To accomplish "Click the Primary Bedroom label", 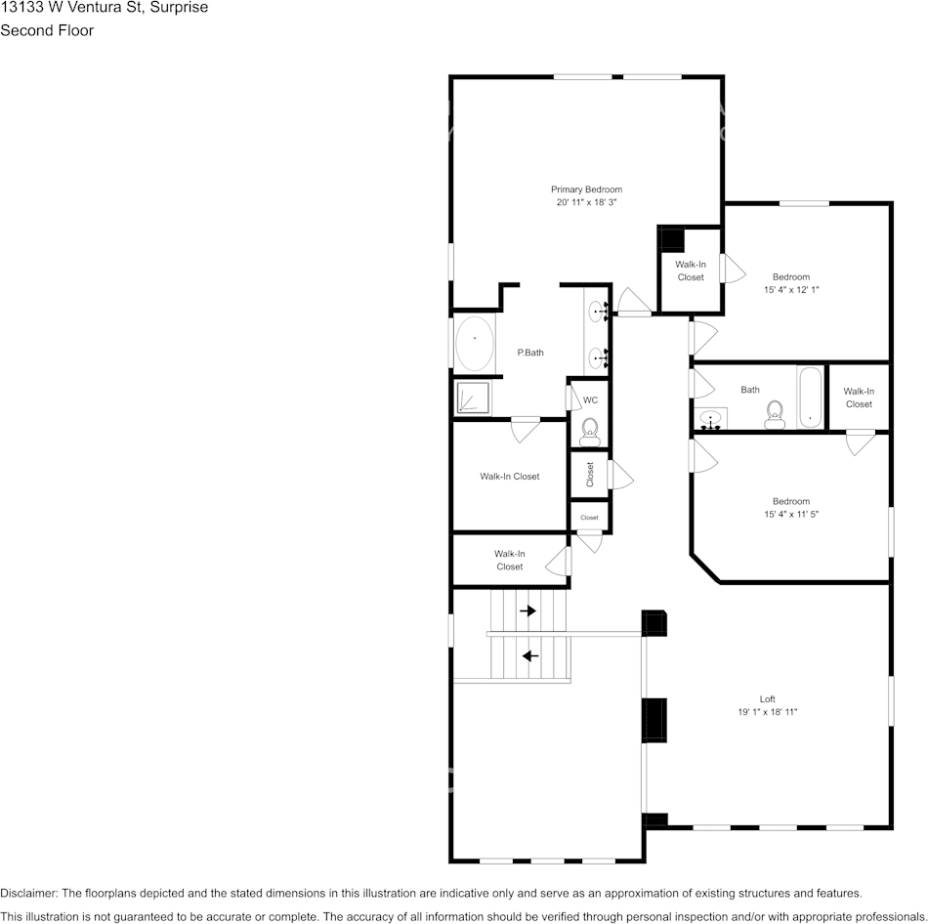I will [586, 189].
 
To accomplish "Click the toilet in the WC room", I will [589, 428].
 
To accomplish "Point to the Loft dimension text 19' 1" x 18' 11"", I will [768, 712].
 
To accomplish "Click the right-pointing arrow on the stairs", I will [527, 610].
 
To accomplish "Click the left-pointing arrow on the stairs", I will [530, 655].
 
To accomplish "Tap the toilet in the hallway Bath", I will [776, 414].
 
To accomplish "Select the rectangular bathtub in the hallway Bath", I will [811, 398].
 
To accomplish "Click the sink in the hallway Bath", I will [711, 419].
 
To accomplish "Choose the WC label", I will [590, 400].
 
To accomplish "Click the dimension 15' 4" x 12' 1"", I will [791, 289].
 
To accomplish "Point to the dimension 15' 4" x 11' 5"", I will [791, 514].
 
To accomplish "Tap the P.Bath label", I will [530, 353].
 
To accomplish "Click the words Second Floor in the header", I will [47, 30].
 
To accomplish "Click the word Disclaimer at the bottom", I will [28, 893].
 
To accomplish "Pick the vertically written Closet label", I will [590, 475].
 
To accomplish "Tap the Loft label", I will [768, 698].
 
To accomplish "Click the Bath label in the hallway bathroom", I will [749, 390].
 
